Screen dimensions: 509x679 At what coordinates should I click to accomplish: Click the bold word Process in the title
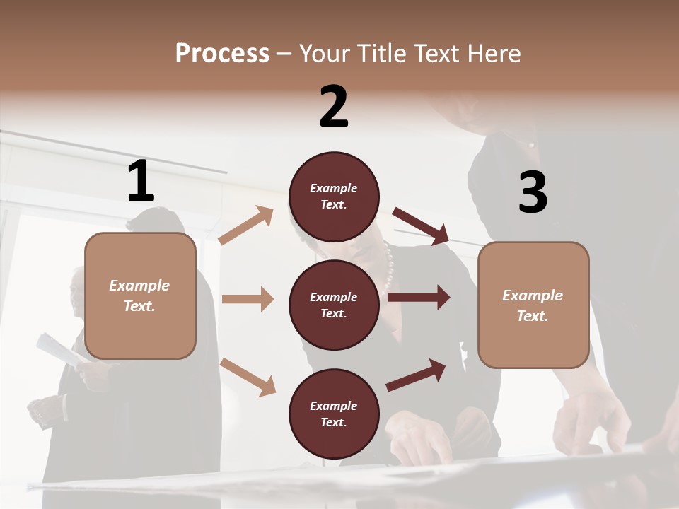(222, 54)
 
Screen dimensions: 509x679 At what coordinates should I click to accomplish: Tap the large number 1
(141, 181)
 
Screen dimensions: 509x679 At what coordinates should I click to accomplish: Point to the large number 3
(533, 192)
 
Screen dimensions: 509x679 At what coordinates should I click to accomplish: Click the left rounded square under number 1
(140, 296)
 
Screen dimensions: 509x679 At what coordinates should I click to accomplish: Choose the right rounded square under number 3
(533, 305)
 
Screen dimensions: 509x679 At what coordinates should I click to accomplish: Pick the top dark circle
(334, 197)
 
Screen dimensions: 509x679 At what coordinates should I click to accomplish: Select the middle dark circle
(334, 305)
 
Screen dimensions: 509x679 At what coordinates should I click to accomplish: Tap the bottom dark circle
(334, 414)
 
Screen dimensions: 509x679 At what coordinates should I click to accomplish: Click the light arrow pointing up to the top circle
(246, 226)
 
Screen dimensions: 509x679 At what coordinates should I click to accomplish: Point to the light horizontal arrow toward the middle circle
(248, 299)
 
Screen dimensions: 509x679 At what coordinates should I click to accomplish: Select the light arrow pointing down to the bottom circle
(248, 376)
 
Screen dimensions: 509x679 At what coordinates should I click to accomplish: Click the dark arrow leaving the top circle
(422, 226)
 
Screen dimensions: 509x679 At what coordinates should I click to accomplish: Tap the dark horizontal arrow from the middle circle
(419, 297)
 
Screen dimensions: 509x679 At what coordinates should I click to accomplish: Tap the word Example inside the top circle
(334, 188)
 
